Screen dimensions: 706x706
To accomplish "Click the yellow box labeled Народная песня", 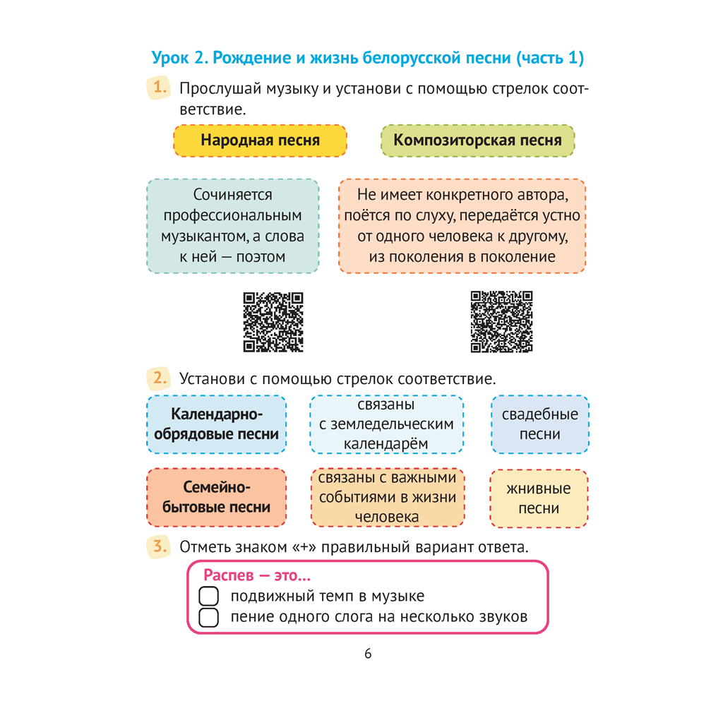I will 260,140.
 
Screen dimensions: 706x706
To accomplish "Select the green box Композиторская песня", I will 477,140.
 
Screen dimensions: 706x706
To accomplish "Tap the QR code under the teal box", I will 273,322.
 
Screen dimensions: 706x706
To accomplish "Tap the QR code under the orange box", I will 501,322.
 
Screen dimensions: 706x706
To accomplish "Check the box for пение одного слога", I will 209,618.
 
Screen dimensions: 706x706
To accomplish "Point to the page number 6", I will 368,654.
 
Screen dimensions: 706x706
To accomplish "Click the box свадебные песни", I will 539,424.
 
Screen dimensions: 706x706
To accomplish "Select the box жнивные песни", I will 539,498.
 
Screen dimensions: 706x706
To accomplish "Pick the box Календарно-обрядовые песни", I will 217,424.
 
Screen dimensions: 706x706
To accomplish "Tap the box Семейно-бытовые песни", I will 217,498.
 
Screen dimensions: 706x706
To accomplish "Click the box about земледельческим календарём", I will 386,424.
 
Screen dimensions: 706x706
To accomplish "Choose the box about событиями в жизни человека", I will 387,498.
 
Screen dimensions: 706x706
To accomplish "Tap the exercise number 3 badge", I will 160,545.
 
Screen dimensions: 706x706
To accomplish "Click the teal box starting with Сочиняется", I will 232,226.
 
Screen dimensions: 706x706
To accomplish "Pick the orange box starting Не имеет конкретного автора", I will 462,226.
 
